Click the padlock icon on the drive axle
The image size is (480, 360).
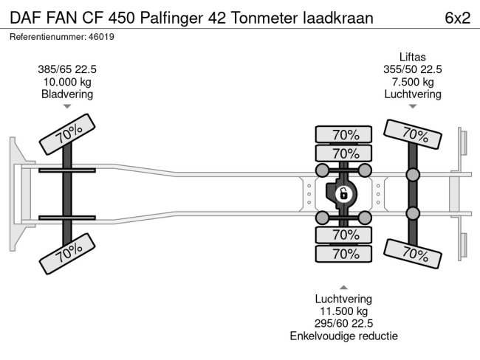343,195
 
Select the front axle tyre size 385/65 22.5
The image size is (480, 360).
67,69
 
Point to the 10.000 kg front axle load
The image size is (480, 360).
67,82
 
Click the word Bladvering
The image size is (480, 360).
67,94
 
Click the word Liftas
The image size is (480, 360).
413,57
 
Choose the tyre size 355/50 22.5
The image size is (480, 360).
413,69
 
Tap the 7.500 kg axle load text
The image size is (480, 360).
413,82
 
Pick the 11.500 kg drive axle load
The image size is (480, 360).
343,311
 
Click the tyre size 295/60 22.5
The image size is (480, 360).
343,324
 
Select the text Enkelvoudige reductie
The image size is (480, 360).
343,336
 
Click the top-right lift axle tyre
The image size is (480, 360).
413,134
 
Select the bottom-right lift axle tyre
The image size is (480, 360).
413,254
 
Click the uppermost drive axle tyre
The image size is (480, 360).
343,134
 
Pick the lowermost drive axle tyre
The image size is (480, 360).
343,254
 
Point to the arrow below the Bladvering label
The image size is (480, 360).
67,107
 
